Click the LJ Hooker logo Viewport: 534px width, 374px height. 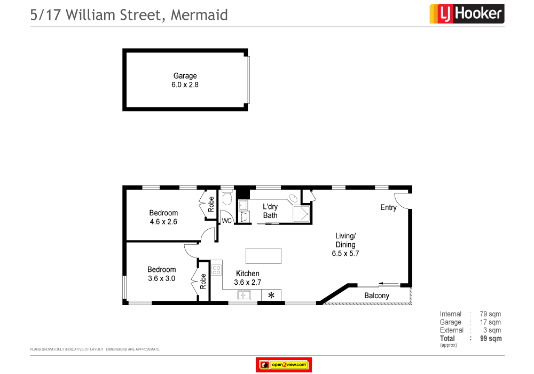tap(467, 14)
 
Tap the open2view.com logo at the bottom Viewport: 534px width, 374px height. tap(284, 365)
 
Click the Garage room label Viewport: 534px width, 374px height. tap(185, 76)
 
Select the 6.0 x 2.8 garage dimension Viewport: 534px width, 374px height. tap(185, 84)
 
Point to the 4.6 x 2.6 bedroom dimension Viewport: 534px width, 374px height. tap(163, 221)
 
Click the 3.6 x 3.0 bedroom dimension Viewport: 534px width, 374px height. tap(161, 278)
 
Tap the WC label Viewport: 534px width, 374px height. tap(226, 220)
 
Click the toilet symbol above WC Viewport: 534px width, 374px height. tap(226, 199)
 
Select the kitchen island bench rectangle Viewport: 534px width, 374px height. tap(263, 255)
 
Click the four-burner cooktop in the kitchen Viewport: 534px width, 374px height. tap(216, 269)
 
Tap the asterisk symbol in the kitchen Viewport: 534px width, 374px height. tap(271, 295)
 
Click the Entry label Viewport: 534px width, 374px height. tap(388, 207)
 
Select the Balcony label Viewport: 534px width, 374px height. tap(376, 295)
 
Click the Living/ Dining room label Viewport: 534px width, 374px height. tap(345, 240)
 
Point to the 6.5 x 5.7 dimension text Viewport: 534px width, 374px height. tap(345, 254)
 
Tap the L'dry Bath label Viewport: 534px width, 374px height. tap(270, 211)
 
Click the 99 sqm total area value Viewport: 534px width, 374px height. tap(491, 338)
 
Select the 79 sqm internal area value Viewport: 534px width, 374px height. tap(490, 314)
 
